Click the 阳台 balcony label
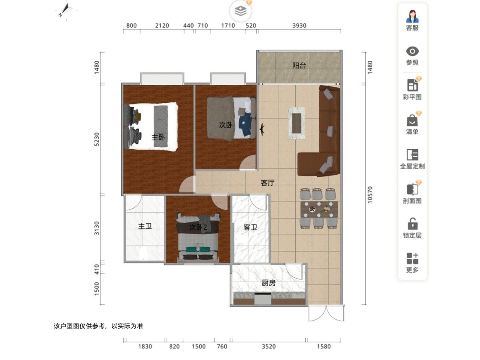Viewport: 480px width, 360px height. [299, 66]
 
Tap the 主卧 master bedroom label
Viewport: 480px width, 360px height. [158, 138]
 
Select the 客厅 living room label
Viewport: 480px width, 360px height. [268, 183]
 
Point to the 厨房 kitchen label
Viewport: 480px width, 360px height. [268, 283]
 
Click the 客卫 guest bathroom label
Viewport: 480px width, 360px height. [250, 227]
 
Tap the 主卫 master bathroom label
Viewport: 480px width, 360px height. [145, 226]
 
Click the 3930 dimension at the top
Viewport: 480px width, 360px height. [299, 26]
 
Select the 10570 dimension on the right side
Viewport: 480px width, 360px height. [370, 195]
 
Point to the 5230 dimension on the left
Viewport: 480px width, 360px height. [97, 139]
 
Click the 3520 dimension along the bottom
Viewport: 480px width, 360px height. [269, 346]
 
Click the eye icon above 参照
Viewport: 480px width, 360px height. [412, 51]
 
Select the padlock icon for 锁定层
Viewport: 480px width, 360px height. [412, 224]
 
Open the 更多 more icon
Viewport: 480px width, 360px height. [412, 258]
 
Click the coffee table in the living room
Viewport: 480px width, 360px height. [296, 123]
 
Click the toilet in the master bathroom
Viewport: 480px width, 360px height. [144, 254]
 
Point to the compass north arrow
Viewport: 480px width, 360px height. [65, 10]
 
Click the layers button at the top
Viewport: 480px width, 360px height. [240, 11]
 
